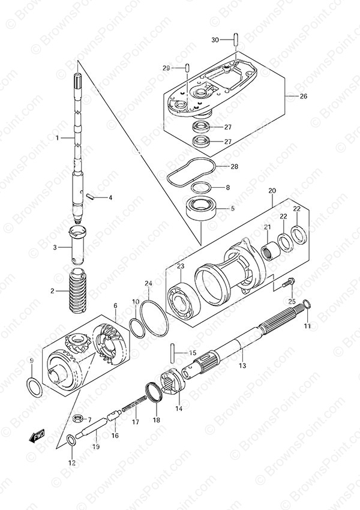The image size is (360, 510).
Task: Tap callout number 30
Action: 215,40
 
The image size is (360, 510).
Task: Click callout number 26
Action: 304,96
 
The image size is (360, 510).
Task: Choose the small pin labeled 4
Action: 90,196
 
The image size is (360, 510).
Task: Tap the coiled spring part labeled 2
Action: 77,291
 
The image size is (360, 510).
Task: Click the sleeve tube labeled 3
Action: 78,245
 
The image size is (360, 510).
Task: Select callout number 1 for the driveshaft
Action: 57,138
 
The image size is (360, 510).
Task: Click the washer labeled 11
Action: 307,304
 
